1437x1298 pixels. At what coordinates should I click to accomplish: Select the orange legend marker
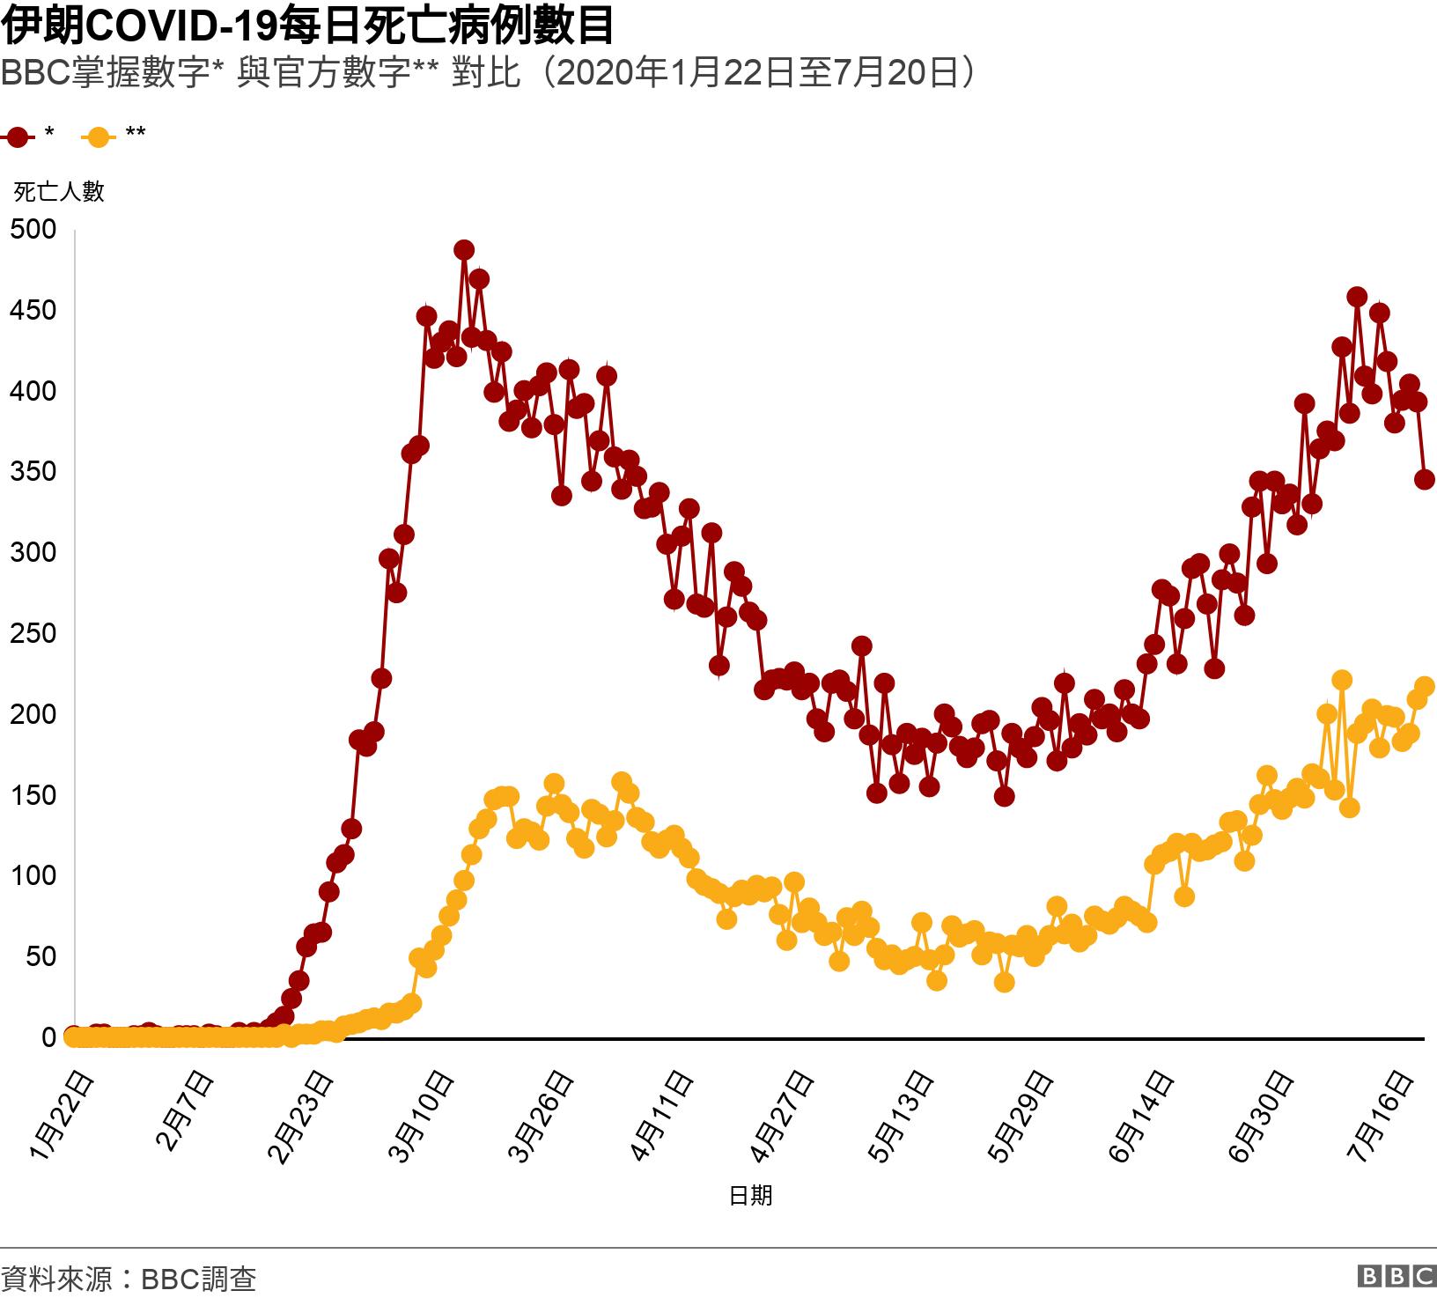coord(99,136)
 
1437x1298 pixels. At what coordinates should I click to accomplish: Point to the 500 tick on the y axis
coord(33,230)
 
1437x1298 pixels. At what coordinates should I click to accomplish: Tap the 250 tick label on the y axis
coord(33,633)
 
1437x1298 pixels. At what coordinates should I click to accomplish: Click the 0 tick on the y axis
coord(48,1037)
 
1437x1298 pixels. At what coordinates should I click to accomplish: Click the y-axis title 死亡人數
coord(59,191)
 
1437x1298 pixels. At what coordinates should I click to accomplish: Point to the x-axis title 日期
coord(750,1195)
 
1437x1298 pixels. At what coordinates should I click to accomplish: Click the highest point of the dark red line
coord(464,250)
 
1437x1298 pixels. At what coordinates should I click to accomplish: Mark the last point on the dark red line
coord(1425,480)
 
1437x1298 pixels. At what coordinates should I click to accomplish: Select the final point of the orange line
coord(1425,686)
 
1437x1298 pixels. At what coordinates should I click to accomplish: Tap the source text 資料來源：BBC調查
coord(129,1278)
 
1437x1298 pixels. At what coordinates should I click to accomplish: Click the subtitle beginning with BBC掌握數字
coord(489,74)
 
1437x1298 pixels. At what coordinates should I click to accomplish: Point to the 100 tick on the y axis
coord(33,875)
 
